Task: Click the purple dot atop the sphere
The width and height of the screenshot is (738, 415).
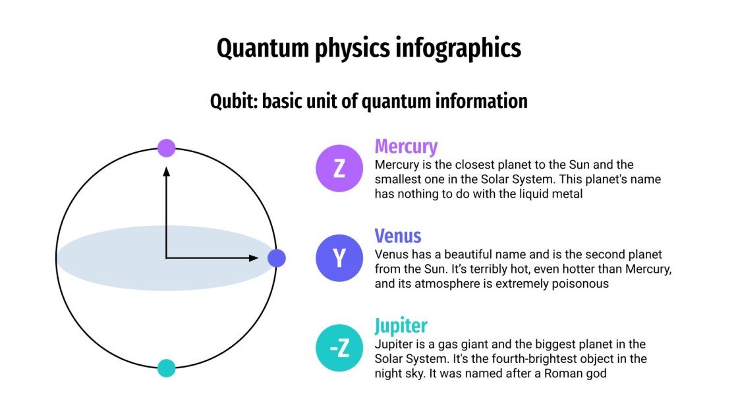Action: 167,148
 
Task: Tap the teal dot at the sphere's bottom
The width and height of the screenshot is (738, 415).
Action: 167,368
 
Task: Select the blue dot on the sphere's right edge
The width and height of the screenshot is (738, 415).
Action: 277,258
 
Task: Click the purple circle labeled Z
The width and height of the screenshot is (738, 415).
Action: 339,168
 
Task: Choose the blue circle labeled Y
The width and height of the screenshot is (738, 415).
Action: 339,258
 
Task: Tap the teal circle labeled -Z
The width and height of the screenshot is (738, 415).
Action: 339,348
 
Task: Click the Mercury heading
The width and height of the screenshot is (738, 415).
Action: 406,146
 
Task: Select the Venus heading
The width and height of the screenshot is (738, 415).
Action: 397,236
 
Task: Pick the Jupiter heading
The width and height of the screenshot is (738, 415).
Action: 401,325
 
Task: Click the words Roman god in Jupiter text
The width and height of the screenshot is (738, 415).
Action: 582,374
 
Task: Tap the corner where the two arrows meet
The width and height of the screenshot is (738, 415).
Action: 167,258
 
